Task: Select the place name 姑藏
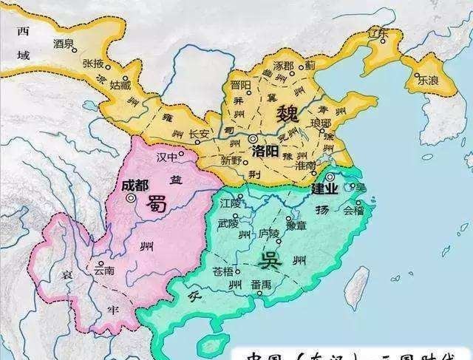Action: (120, 86)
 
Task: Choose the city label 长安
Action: (200, 134)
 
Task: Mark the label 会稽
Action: (354, 209)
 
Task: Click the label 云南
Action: (103, 271)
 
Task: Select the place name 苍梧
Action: (223, 271)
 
